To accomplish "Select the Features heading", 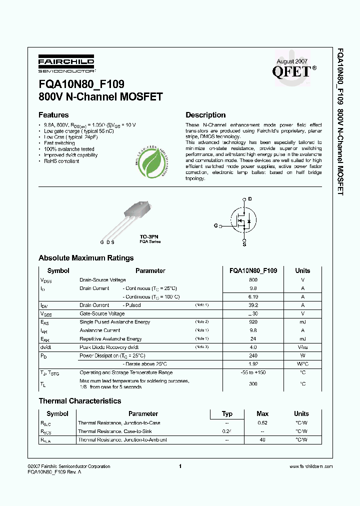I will coord(53,115).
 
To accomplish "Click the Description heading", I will coord(205,115).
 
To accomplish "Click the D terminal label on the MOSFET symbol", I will coord(250,199).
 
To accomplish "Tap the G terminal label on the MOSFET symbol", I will coord(215,226).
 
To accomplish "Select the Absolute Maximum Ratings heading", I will coord(86,258).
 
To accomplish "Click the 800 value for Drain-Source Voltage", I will coord(253,280).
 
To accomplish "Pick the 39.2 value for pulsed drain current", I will coord(253,305).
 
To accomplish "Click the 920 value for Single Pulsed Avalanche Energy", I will coord(253,322).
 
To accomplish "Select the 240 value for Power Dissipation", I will coord(253,356).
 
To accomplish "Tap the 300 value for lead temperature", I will coord(253,383).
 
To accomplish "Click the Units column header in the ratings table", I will coord(302,270).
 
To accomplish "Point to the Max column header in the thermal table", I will coord(262,413).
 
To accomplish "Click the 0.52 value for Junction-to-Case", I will coord(262,422).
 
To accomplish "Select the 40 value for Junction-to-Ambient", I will coord(262,440).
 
